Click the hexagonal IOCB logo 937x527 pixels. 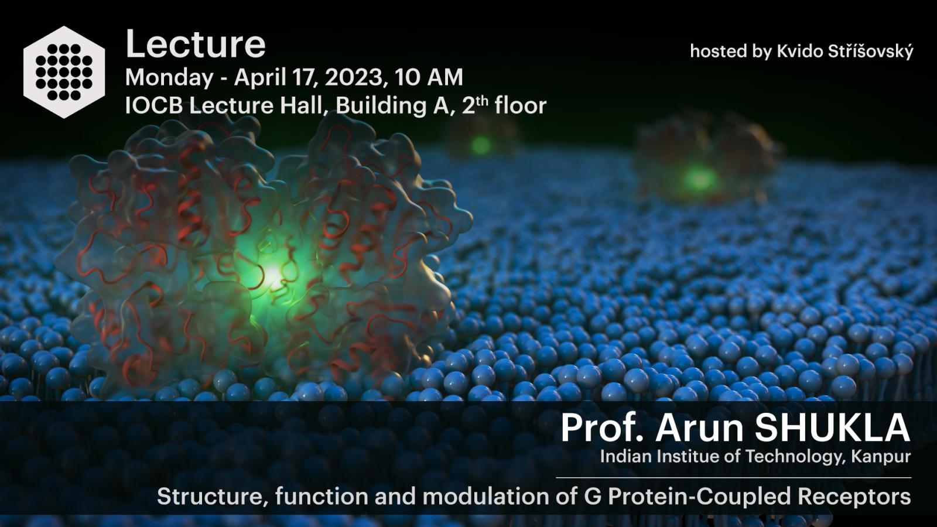click(x=64, y=72)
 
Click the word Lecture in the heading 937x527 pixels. click(x=196, y=44)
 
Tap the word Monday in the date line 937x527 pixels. click(x=169, y=78)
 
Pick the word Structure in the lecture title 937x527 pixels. click(x=212, y=497)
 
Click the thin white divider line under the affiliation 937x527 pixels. click(x=733, y=477)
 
